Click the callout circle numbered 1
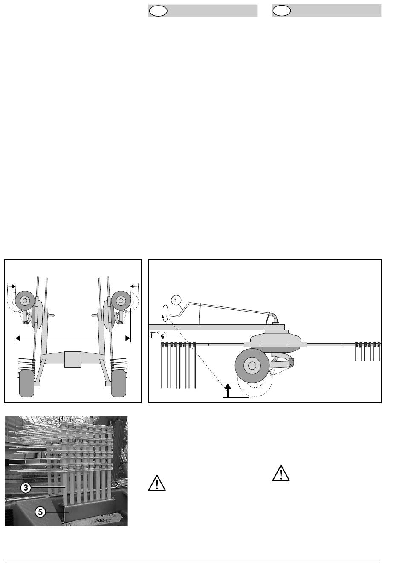176,301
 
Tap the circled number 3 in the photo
26,488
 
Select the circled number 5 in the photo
40,512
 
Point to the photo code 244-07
103,520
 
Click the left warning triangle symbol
157,483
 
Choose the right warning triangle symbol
281,473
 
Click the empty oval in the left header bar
158,11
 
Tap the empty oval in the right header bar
281,11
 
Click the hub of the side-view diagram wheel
252,366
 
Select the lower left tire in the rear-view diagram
27,384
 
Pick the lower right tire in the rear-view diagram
119,384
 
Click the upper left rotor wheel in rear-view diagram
25,301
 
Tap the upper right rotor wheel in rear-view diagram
121,301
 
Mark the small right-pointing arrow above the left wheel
12,286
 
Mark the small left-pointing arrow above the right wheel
134,286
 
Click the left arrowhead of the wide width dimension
17,338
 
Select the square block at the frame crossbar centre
72,359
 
